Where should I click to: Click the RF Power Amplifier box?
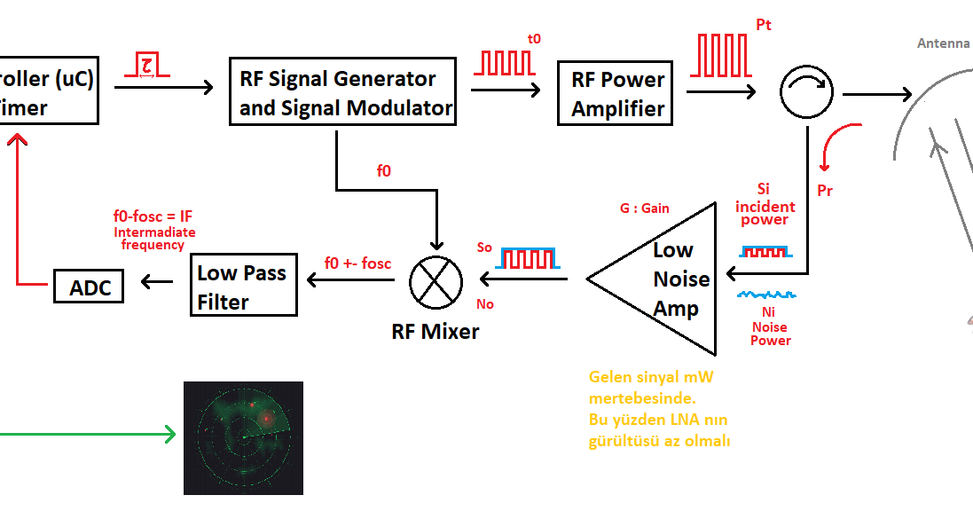pos(615,93)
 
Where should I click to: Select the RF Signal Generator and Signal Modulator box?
pos(342,92)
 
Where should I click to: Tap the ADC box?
pos(89,287)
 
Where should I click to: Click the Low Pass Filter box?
pos(243,285)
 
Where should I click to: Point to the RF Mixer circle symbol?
pos(436,282)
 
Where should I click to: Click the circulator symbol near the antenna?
pos(806,92)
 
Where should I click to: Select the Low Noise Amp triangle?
pos(652,279)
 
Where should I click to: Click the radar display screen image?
pos(243,437)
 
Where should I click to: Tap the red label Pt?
pos(764,25)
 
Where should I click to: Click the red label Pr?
pos(825,191)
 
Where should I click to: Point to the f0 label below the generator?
pos(384,170)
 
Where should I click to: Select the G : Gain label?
pos(644,208)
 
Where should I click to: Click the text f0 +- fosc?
pos(358,263)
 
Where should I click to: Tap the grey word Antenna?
pos(943,43)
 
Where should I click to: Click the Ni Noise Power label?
pos(770,326)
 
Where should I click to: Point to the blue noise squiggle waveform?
pos(766,295)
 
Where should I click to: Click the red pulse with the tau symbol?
pos(147,65)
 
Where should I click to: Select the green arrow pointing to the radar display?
pos(88,434)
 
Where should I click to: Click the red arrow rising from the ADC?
pos(25,210)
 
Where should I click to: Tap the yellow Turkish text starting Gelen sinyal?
pos(659,409)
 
